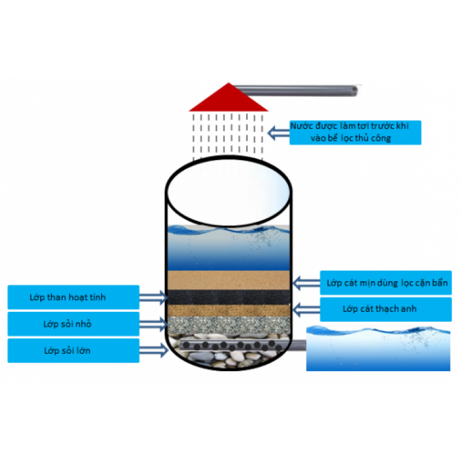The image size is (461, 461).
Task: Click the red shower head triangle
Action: click(229, 99)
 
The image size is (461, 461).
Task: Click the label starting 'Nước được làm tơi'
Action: click(355, 133)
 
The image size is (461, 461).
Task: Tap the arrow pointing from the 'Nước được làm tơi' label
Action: click(279, 133)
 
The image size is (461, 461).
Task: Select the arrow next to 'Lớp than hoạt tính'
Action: click(153, 297)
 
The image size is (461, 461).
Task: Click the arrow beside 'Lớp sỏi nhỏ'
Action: click(153, 324)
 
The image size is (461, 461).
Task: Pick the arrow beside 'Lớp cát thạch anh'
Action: click(305, 309)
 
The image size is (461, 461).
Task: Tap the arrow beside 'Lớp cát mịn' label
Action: click(305, 283)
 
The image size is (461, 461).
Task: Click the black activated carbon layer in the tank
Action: click(228, 297)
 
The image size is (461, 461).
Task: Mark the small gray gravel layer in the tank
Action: click(228, 324)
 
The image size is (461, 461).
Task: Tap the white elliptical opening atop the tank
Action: click(228, 190)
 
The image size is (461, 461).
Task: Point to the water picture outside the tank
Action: click(377, 348)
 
